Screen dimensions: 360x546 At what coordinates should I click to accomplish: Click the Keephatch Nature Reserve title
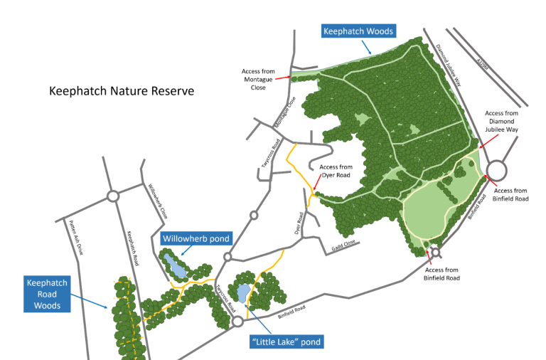click(x=121, y=92)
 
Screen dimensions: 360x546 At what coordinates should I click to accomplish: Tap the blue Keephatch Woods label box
click(x=358, y=31)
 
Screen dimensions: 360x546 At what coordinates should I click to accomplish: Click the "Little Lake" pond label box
click(x=287, y=342)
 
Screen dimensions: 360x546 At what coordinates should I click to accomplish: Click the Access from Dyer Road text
click(x=336, y=171)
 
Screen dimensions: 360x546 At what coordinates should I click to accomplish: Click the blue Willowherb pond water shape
click(x=173, y=266)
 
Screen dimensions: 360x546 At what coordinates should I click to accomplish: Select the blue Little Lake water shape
click(x=242, y=293)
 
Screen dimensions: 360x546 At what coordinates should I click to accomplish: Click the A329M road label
click(x=484, y=65)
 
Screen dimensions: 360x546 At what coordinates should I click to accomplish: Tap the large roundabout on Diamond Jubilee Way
click(x=496, y=170)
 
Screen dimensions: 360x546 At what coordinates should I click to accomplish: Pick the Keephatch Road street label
click(x=133, y=248)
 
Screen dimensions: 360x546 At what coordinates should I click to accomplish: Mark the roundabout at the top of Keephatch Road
click(x=112, y=196)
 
